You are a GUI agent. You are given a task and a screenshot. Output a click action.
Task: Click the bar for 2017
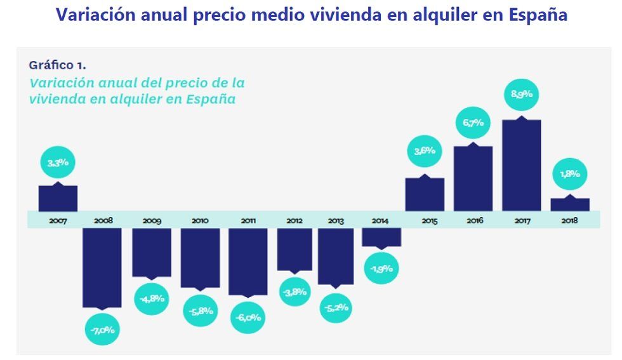pyautogui.click(x=521, y=165)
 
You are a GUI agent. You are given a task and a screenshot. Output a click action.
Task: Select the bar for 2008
pyautogui.click(x=102, y=267)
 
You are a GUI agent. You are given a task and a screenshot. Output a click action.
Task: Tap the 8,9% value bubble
pyautogui.click(x=521, y=95)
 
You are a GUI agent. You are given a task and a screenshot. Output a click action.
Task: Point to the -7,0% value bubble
pyautogui.click(x=103, y=330)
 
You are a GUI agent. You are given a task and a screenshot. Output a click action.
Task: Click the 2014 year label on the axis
pyautogui.click(x=380, y=221)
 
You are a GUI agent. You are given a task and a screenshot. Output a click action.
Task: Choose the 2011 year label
pyautogui.click(x=248, y=221)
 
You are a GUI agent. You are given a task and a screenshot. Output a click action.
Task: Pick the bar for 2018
pyautogui.click(x=569, y=204)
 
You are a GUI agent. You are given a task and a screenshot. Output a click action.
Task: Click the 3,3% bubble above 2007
pyautogui.click(x=58, y=163)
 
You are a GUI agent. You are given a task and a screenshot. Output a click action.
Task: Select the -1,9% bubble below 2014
pyautogui.click(x=381, y=268)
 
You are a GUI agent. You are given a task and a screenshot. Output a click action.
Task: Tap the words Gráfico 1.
pyautogui.click(x=57, y=65)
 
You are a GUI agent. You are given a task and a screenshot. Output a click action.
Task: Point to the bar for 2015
pyautogui.click(x=425, y=194)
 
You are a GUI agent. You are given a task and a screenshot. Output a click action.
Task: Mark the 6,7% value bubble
pyautogui.click(x=473, y=123)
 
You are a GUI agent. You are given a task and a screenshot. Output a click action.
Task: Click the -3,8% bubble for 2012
pyautogui.click(x=294, y=292)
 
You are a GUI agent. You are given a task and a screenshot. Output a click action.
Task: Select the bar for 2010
pyautogui.click(x=200, y=257)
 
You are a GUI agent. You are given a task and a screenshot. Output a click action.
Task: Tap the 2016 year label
pyautogui.click(x=473, y=221)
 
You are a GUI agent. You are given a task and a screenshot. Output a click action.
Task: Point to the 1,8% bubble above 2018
pyautogui.click(x=569, y=174)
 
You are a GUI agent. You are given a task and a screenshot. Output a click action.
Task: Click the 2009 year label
pyautogui.click(x=152, y=221)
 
